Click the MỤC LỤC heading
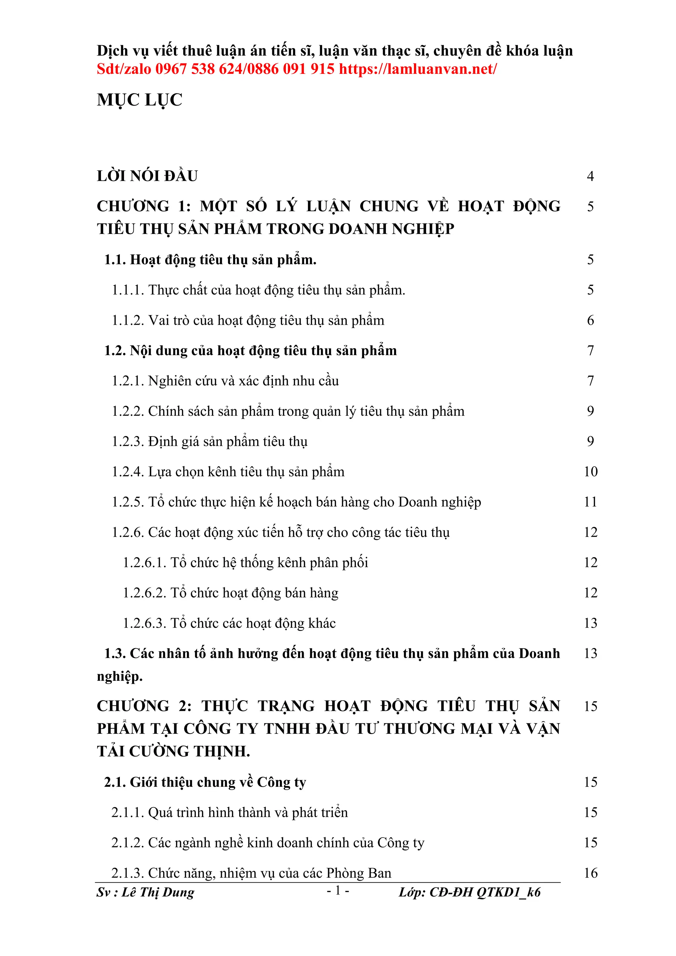pyautogui.click(x=140, y=100)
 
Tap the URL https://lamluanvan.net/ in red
pyautogui.click(x=418, y=69)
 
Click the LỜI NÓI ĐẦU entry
pyautogui.click(x=147, y=176)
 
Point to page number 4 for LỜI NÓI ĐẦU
pyautogui.click(x=590, y=176)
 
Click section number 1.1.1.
pyautogui.click(x=128, y=290)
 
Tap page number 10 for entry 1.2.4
pyautogui.click(x=591, y=472)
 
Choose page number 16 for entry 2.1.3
pyautogui.click(x=591, y=873)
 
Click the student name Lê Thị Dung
pyautogui.click(x=158, y=892)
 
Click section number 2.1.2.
pyautogui.click(x=127, y=843)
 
